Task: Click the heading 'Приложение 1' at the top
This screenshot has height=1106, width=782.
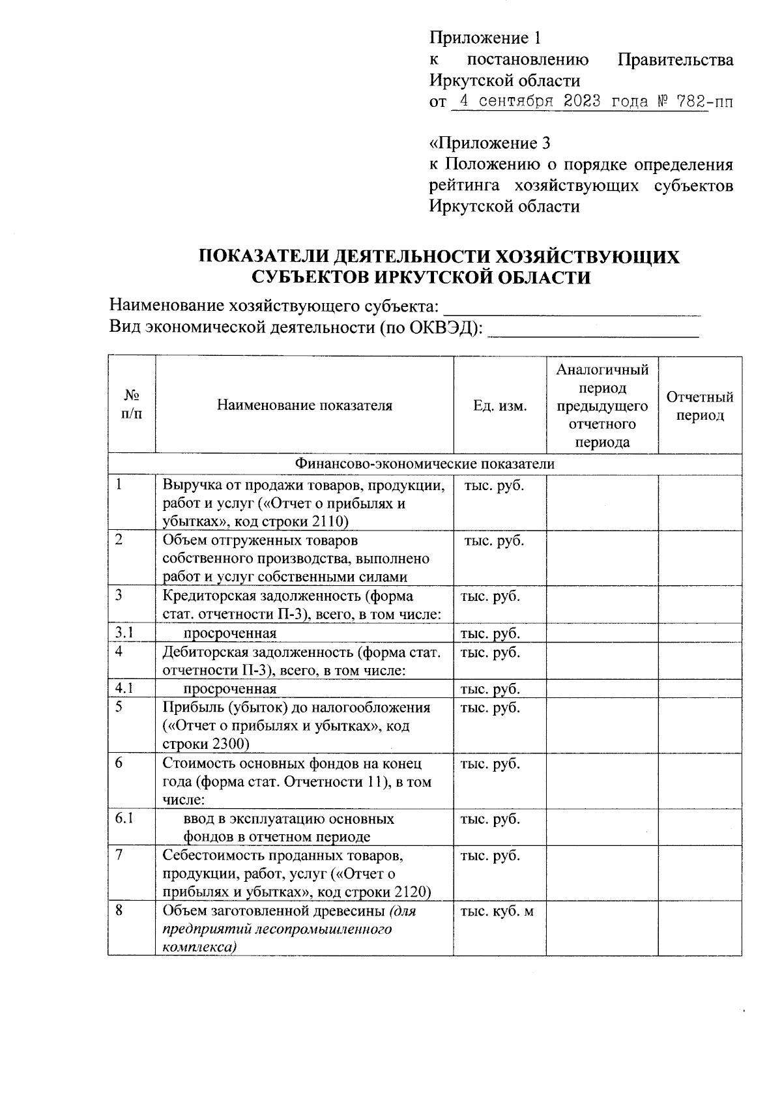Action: pyautogui.click(x=485, y=37)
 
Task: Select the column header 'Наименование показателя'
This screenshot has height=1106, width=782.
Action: pyautogui.click(x=304, y=405)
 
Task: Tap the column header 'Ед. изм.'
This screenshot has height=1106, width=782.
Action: pyautogui.click(x=500, y=405)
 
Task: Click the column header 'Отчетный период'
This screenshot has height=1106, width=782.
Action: pyautogui.click(x=699, y=405)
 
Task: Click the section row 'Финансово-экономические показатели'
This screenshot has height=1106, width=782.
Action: pyautogui.click(x=425, y=464)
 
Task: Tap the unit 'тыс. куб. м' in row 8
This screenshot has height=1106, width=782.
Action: pyautogui.click(x=497, y=911)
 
